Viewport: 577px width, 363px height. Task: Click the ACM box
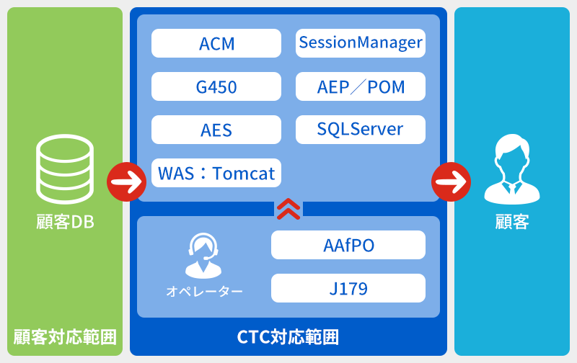coord(216,43)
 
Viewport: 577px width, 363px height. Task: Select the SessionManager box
coord(361,43)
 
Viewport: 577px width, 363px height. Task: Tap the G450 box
coord(216,87)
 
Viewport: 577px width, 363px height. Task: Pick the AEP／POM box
coord(361,87)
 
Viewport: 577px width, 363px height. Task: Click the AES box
coord(216,130)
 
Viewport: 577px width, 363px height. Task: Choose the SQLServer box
coord(361,130)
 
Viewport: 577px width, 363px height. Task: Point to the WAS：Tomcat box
coord(216,173)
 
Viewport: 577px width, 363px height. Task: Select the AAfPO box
coord(348,245)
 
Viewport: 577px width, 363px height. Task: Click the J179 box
coord(348,288)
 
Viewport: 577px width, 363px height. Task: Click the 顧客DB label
coord(65,222)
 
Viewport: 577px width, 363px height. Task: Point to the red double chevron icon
coord(288,208)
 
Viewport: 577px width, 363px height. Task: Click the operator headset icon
coord(203,256)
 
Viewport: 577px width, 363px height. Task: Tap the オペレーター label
coord(204,291)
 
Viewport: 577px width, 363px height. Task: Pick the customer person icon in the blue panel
coord(512,170)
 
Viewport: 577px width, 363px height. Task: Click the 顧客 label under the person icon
coord(512,222)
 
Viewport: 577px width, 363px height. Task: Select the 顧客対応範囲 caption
coord(65,336)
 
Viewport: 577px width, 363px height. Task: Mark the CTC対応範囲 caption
coord(288,336)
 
